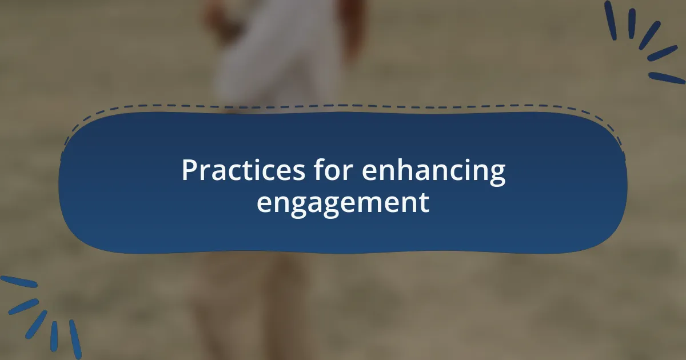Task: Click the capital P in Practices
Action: pos(189,170)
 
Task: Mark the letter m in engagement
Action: pos(369,203)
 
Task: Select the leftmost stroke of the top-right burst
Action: pos(611,20)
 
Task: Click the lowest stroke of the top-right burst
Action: pos(666,78)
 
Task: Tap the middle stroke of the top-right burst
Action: pos(649,35)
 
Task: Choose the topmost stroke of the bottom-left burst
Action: pos(18,282)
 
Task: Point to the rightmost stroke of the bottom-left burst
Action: pos(75,339)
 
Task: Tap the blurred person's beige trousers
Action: pos(252,303)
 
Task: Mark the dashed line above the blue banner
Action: pos(343,106)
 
